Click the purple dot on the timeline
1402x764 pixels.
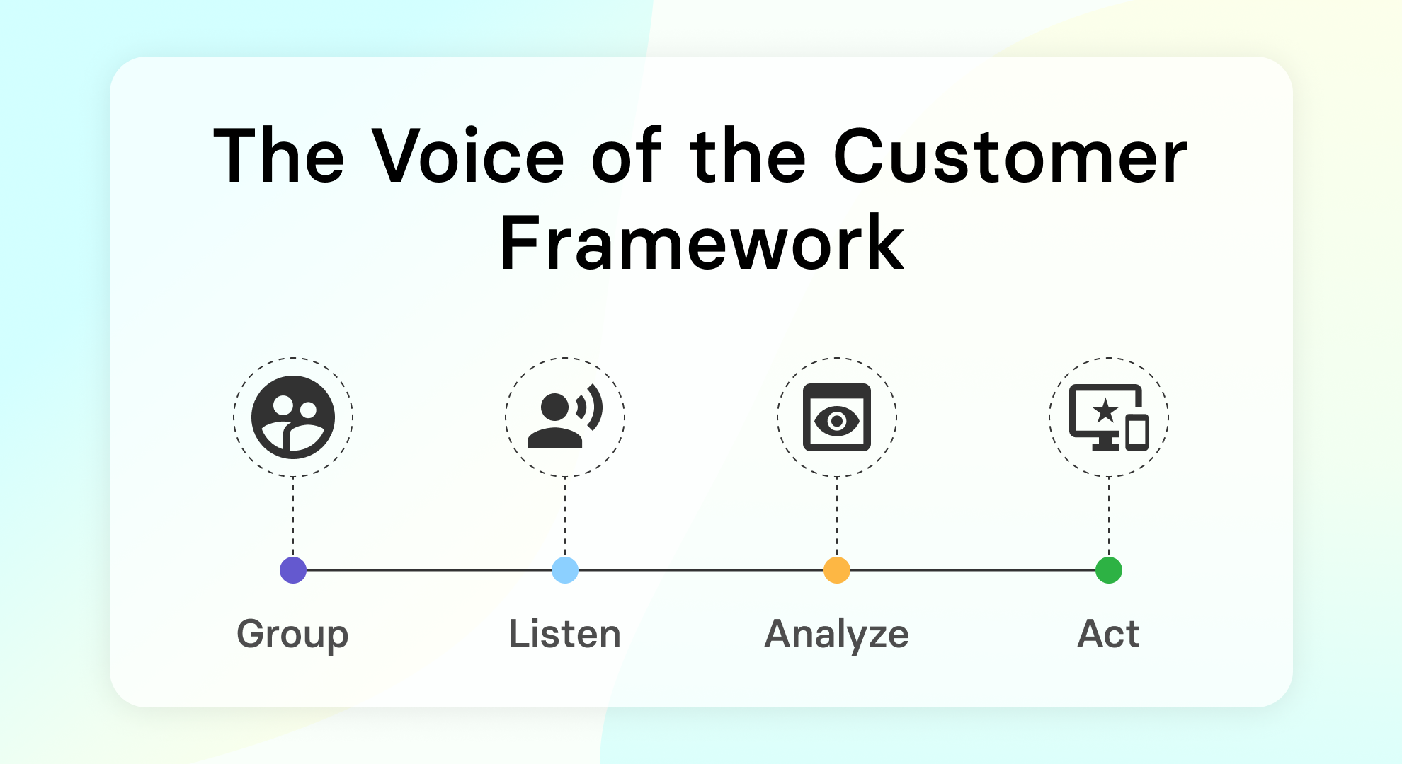(x=293, y=570)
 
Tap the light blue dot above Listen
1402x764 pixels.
(x=565, y=570)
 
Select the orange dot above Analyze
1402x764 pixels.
(x=837, y=570)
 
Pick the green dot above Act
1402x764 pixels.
(x=1109, y=570)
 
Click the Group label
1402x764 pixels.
(x=292, y=635)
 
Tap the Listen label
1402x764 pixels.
(x=565, y=635)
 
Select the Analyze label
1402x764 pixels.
(x=837, y=635)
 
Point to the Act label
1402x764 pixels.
(x=1108, y=635)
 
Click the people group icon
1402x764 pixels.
(x=293, y=417)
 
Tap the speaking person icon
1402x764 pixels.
(x=559, y=421)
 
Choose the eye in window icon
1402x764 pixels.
(x=837, y=417)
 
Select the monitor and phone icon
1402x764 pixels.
(x=1105, y=417)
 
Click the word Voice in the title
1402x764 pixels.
(x=468, y=157)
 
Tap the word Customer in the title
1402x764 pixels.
(x=1010, y=157)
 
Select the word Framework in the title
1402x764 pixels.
(x=702, y=244)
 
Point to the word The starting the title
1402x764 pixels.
(x=279, y=157)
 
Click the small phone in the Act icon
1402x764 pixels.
(x=1137, y=433)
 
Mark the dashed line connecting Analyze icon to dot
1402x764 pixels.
(x=837, y=516)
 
